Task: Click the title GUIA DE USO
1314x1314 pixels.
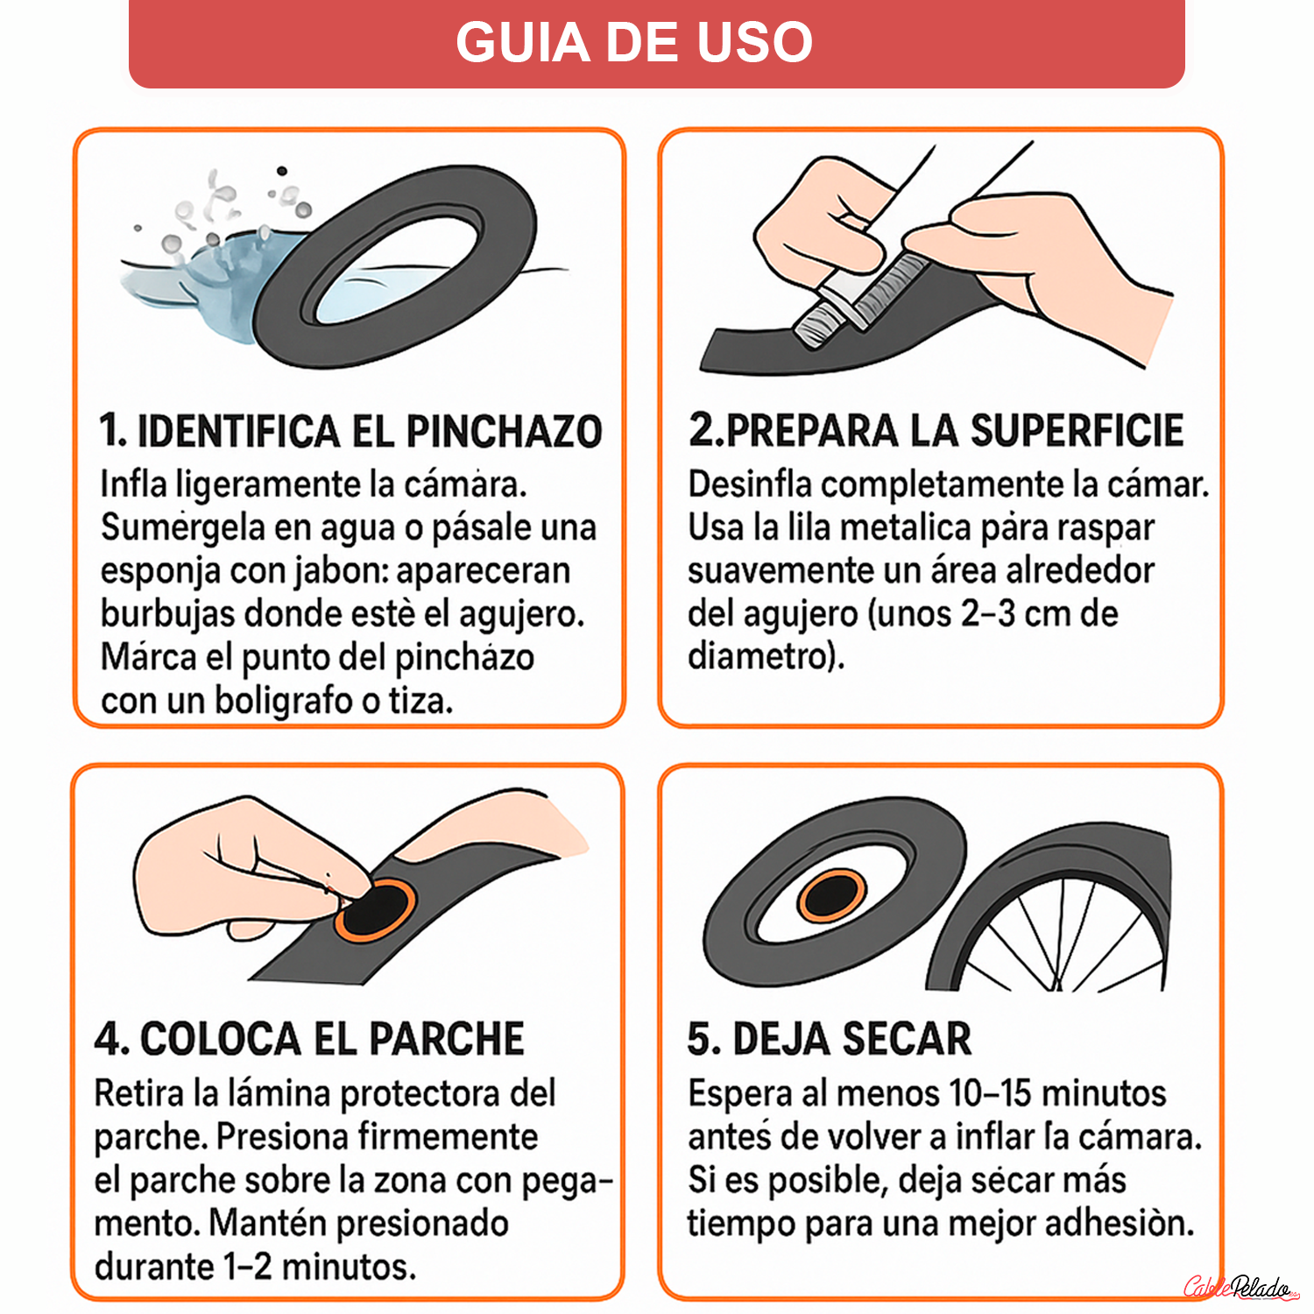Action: click(x=634, y=42)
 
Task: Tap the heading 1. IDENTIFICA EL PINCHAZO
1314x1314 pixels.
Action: click(x=350, y=431)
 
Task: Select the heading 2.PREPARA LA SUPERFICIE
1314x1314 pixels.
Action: click(x=936, y=430)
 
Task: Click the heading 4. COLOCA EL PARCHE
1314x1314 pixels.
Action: click(x=309, y=1039)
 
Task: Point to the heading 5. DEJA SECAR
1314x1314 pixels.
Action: click(x=829, y=1039)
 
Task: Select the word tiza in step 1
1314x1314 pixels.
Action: click(x=419, y=701)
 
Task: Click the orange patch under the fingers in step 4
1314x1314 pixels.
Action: click(x=375, y=911)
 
